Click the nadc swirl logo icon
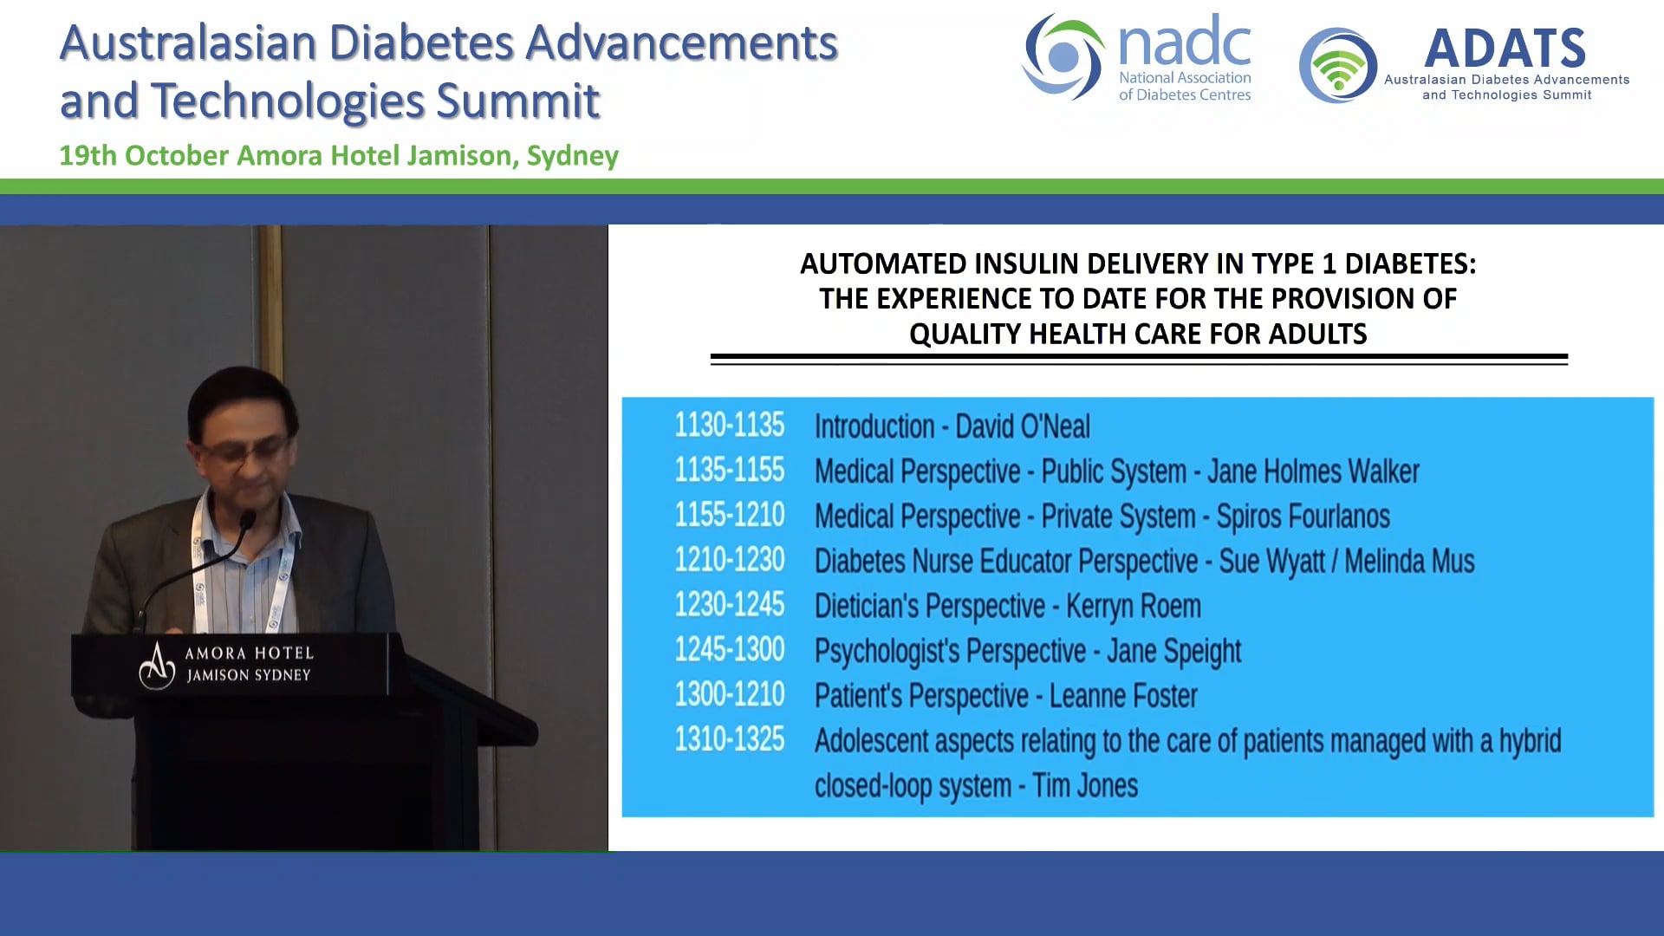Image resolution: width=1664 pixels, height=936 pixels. pyautogui.click(x=1063, y=57)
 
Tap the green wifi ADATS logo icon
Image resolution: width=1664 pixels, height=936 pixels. pyautogui.click(x=1338, y=66)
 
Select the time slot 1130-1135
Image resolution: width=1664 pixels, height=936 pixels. pyautogui.click(x=729, y=426)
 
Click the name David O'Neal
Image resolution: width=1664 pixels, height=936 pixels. pyautogui.click(x=1023, y=426)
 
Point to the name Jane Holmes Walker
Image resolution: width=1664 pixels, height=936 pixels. pyautogui.click(x=1313, y=471)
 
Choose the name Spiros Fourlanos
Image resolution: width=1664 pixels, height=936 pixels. pyautogui.click(x=1303, y=517)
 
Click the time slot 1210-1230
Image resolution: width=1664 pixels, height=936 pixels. pyautogui.click(x=729, y=561)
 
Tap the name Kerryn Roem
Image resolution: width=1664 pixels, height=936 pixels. pyautogui.click(x=1134, y=607)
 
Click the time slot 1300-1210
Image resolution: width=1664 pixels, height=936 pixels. pyautogui.click(x=729, y=695)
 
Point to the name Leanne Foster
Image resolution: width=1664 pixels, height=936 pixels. pyautogui.click(x=1123, y=696)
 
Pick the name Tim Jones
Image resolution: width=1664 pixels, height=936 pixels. pyautogui.click(x=1085, y=786)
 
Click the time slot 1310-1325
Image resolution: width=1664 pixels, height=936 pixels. pyautogui.click(x=729, y=740)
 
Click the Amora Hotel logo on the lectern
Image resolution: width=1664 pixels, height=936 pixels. pyautogui.click(x=158, y=666)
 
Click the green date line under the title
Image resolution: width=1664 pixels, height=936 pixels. pyautogui.click(x=338, y=156)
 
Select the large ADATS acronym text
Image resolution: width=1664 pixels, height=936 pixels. pyautogui.click(x=1505, y=49)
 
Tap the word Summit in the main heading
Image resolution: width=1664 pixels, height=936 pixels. pyautogui.click(x=517, y=101)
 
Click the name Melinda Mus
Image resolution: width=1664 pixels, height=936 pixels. pyautogui.click(x=1409, y=562)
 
